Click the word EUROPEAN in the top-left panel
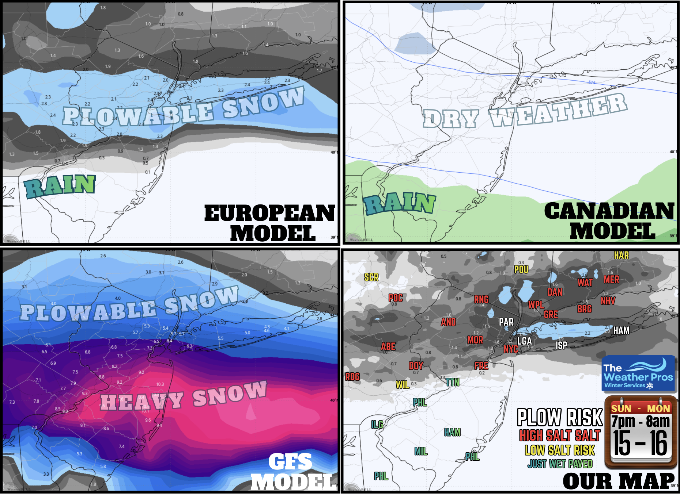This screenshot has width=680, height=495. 269,213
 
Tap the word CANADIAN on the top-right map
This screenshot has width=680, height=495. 609,211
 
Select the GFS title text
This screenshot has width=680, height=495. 290,462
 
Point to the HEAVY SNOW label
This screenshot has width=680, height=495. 184,396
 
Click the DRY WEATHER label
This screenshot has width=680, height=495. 525,111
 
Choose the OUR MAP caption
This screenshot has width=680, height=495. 619,481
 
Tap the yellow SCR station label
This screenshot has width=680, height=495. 371,277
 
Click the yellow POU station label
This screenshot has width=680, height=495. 521,270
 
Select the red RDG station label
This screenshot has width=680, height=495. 352,377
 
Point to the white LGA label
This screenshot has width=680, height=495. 524,341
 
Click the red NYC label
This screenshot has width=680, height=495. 511,349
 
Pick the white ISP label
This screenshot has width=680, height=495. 561,345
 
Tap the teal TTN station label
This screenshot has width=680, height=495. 452,382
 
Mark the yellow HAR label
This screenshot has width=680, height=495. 621,256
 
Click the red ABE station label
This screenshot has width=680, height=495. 388,346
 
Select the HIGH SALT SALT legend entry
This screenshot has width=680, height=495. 560,435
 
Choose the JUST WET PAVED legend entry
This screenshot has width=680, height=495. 560,464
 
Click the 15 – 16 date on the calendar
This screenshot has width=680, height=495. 640,443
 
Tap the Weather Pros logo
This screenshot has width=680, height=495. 638,373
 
